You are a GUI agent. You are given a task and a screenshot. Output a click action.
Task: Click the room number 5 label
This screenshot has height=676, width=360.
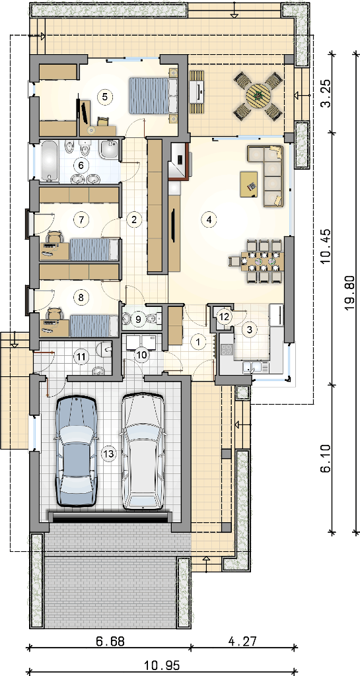coord(104,96)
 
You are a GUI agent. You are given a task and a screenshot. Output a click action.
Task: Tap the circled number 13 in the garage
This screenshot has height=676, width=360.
coord(109,453)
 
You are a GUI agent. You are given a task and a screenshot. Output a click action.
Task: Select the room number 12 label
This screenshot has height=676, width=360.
coord(224,316)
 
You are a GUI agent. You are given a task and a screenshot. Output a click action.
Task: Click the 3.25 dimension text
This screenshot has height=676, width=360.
coord(326,93)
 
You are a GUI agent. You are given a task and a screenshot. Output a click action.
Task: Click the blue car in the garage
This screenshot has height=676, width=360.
coord(76,452)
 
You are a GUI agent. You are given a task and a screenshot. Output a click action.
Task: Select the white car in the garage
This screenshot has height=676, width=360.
coord(143,452)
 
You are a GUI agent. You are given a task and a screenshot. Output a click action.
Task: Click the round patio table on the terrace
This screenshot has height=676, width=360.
coord(258,96)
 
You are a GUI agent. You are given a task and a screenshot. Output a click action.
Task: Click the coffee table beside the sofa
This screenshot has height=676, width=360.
coord(249,184)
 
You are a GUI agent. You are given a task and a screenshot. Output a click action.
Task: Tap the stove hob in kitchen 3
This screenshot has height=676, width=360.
coord(227,350)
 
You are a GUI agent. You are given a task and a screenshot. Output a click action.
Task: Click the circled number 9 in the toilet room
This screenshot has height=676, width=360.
coord(138,319)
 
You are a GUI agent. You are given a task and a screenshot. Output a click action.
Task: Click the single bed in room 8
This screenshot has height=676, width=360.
coord(94,325)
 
